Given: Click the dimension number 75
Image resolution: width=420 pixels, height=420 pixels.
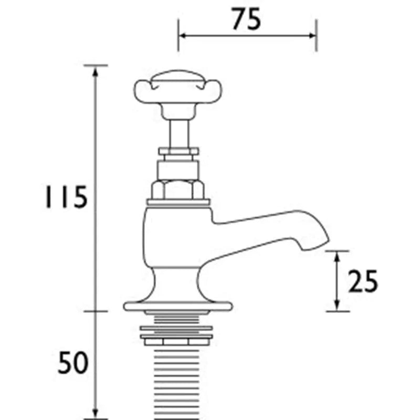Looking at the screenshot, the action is pos(246,19).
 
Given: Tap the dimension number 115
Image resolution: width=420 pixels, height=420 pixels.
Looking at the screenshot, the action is pos(66,196).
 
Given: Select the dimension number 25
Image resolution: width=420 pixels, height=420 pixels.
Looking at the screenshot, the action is pos(363,281).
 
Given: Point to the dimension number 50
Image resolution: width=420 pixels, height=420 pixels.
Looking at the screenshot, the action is pos(73,362).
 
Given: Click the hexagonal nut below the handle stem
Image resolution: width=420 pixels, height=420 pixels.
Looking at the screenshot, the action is pos(178,190).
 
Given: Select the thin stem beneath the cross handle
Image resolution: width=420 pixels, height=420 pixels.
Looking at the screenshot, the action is pos(178,133).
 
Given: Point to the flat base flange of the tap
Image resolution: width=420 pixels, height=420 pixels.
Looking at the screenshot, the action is pos(177,306).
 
